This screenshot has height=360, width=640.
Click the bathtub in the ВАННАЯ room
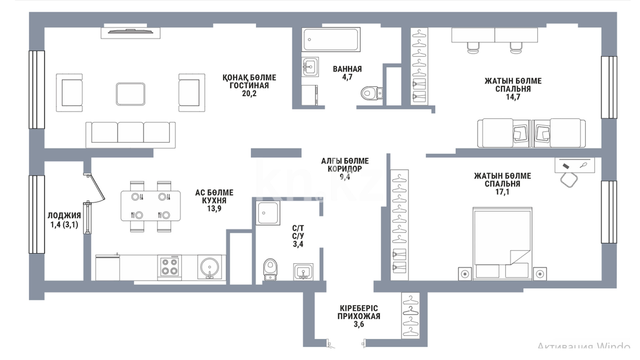coord(331,39)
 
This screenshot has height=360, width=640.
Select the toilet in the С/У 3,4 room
coord(270,269)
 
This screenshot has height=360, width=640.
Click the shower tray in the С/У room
coord(268,213)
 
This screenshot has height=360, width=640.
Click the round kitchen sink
coord(210,267)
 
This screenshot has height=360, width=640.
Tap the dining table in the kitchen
coord(151,206)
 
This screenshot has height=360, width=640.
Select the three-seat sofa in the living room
coord(131,134)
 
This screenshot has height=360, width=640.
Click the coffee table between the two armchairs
coord(131,94)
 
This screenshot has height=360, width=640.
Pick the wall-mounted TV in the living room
coord(131,32)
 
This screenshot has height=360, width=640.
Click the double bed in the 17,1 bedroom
coord(502,243)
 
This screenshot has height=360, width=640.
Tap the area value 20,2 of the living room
coord(249,94)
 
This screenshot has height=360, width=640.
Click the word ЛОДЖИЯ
coord(64,216)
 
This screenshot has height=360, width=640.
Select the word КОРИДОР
coord(345,169)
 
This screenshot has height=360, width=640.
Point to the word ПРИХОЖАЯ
coord(359,316)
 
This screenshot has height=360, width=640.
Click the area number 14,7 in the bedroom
coord(513,97)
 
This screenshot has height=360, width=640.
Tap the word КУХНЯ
coord(214,201)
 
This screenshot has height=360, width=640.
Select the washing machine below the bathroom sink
coord(310,95)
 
